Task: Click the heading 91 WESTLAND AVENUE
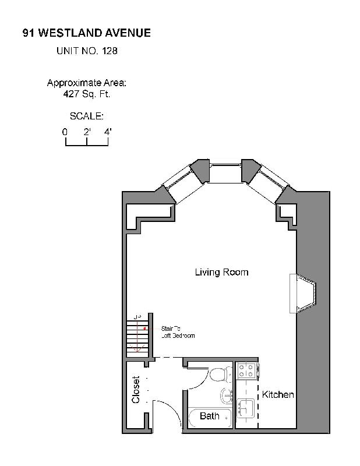click(x=86, y=33)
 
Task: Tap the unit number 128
click(x=110, y=51)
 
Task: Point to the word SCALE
click(x=86, y=116)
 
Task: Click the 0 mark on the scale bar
click(x=65, y=132)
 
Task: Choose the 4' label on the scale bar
click(x=108, y=132)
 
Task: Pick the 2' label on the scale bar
click(x=87, y=132)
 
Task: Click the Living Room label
click(x=221, y=272)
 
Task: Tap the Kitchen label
click(x=278, y=395)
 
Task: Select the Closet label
click(x=136, y=390)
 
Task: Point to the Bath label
click(x=210, y=416)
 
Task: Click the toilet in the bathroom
click(x=221, y=373)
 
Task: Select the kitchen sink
click(x=246, y=407)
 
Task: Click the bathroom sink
click(x=227, y=396)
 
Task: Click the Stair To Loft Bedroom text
click(x=178, y=332)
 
